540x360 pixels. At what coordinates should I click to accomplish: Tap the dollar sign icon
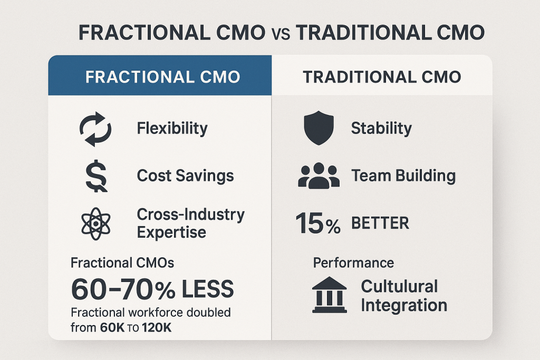(x=96, y=176)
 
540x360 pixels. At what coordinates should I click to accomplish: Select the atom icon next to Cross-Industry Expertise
(x=96, y=223)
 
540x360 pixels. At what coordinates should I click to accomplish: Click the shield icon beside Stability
(x=319, y=128)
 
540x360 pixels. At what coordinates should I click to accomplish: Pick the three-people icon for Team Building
(x=319, y=176)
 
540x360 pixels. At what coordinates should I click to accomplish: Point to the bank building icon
(x=330, y=295)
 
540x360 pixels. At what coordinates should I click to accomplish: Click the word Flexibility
(x=172, y=129)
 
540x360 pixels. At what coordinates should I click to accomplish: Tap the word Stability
(x=381, y=129)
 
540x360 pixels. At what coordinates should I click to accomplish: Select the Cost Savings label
(x=185, y=176)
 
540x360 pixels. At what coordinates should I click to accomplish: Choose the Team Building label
(x=403, y=176)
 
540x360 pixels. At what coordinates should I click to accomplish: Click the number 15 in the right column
(x=310, y=223)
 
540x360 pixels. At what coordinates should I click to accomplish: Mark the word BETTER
(x=380, y=223)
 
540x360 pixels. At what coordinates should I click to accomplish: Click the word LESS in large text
(x=208, y=289)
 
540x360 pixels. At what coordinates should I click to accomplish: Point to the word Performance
(x=353, y=263)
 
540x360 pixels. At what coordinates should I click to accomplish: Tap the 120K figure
(x=156, y=327)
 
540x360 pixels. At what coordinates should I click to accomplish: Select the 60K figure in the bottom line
(x=112, y=327)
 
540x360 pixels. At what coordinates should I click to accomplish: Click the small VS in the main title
(x=281, y=34)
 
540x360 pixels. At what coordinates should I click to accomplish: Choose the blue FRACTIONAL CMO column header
(x=162, y=77)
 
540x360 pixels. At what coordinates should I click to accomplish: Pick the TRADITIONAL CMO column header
(x=382, y=77)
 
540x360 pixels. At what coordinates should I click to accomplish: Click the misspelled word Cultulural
(x=400, y=286)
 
